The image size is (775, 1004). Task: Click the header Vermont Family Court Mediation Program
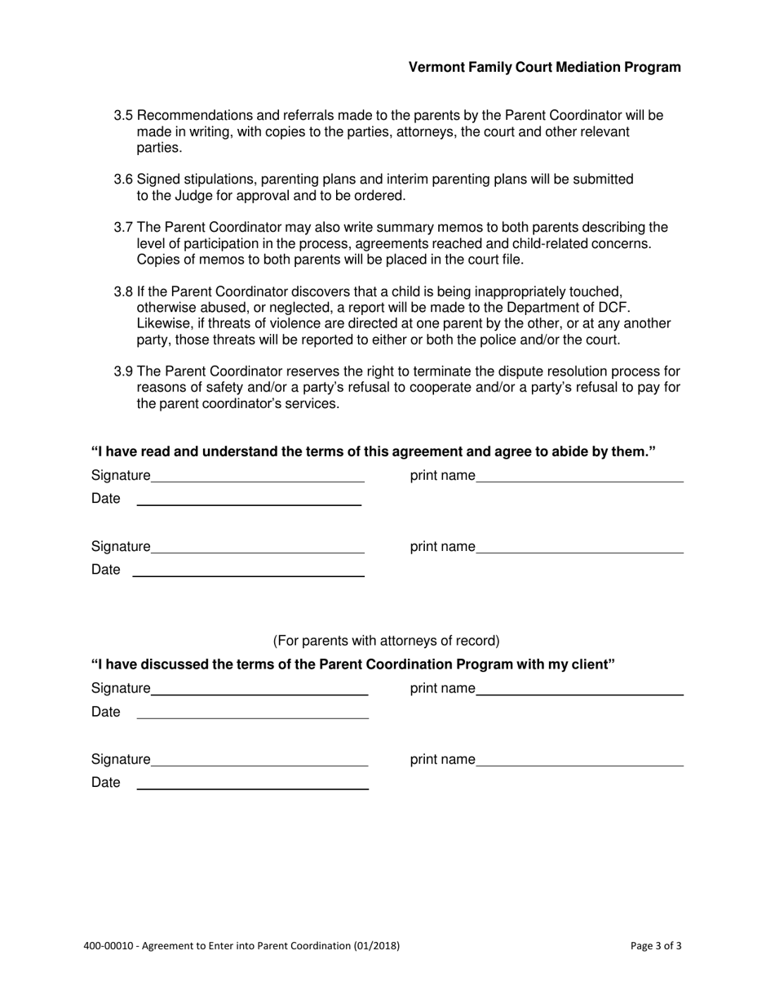544,68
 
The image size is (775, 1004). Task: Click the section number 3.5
123,116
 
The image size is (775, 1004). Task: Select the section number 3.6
123,180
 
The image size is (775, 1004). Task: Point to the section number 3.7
123,228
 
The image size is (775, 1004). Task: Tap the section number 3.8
123,291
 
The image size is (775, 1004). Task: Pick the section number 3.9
123,372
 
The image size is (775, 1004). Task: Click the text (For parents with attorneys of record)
386,641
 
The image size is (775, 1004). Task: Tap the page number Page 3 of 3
656,947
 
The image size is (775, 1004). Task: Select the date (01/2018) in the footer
376,947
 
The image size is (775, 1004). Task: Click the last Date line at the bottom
252,788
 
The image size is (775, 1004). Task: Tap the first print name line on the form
579,480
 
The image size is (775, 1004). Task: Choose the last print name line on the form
579,764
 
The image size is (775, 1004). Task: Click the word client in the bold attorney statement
593,664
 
